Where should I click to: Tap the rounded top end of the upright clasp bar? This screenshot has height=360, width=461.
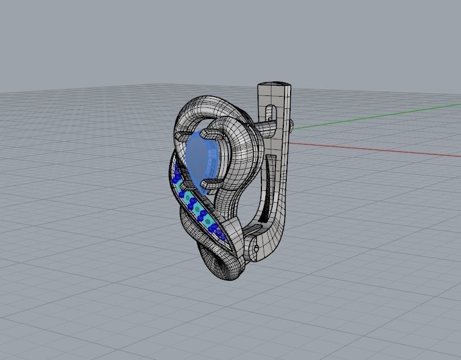point(274,87)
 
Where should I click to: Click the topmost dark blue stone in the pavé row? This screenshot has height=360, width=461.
point(175,168)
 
